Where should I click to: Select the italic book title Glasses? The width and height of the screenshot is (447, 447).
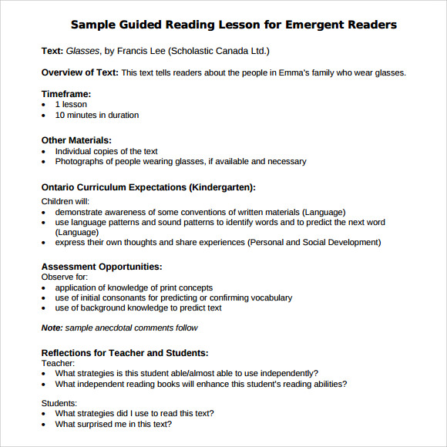click(x=82, y=52)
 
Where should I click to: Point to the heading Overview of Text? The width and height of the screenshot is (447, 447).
click(x=80, y=72)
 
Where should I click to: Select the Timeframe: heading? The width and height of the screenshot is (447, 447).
click(x=67, y=93)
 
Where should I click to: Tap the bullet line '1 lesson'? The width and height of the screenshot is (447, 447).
click(x=71, y=104)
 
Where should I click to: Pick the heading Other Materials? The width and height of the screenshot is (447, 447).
click(x=76, y=140)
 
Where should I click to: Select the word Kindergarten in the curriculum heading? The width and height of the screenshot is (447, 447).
click(x=220, y=187)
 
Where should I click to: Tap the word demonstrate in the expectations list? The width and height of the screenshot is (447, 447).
click(x=82, y=212)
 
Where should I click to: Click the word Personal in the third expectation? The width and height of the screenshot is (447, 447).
click(x=267, y=242)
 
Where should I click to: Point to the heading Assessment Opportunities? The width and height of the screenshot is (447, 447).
click(x=101, y=267)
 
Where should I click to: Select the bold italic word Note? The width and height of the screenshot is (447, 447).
click(x=52, y=328)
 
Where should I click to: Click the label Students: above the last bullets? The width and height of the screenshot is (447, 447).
click(x=59, y=402)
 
